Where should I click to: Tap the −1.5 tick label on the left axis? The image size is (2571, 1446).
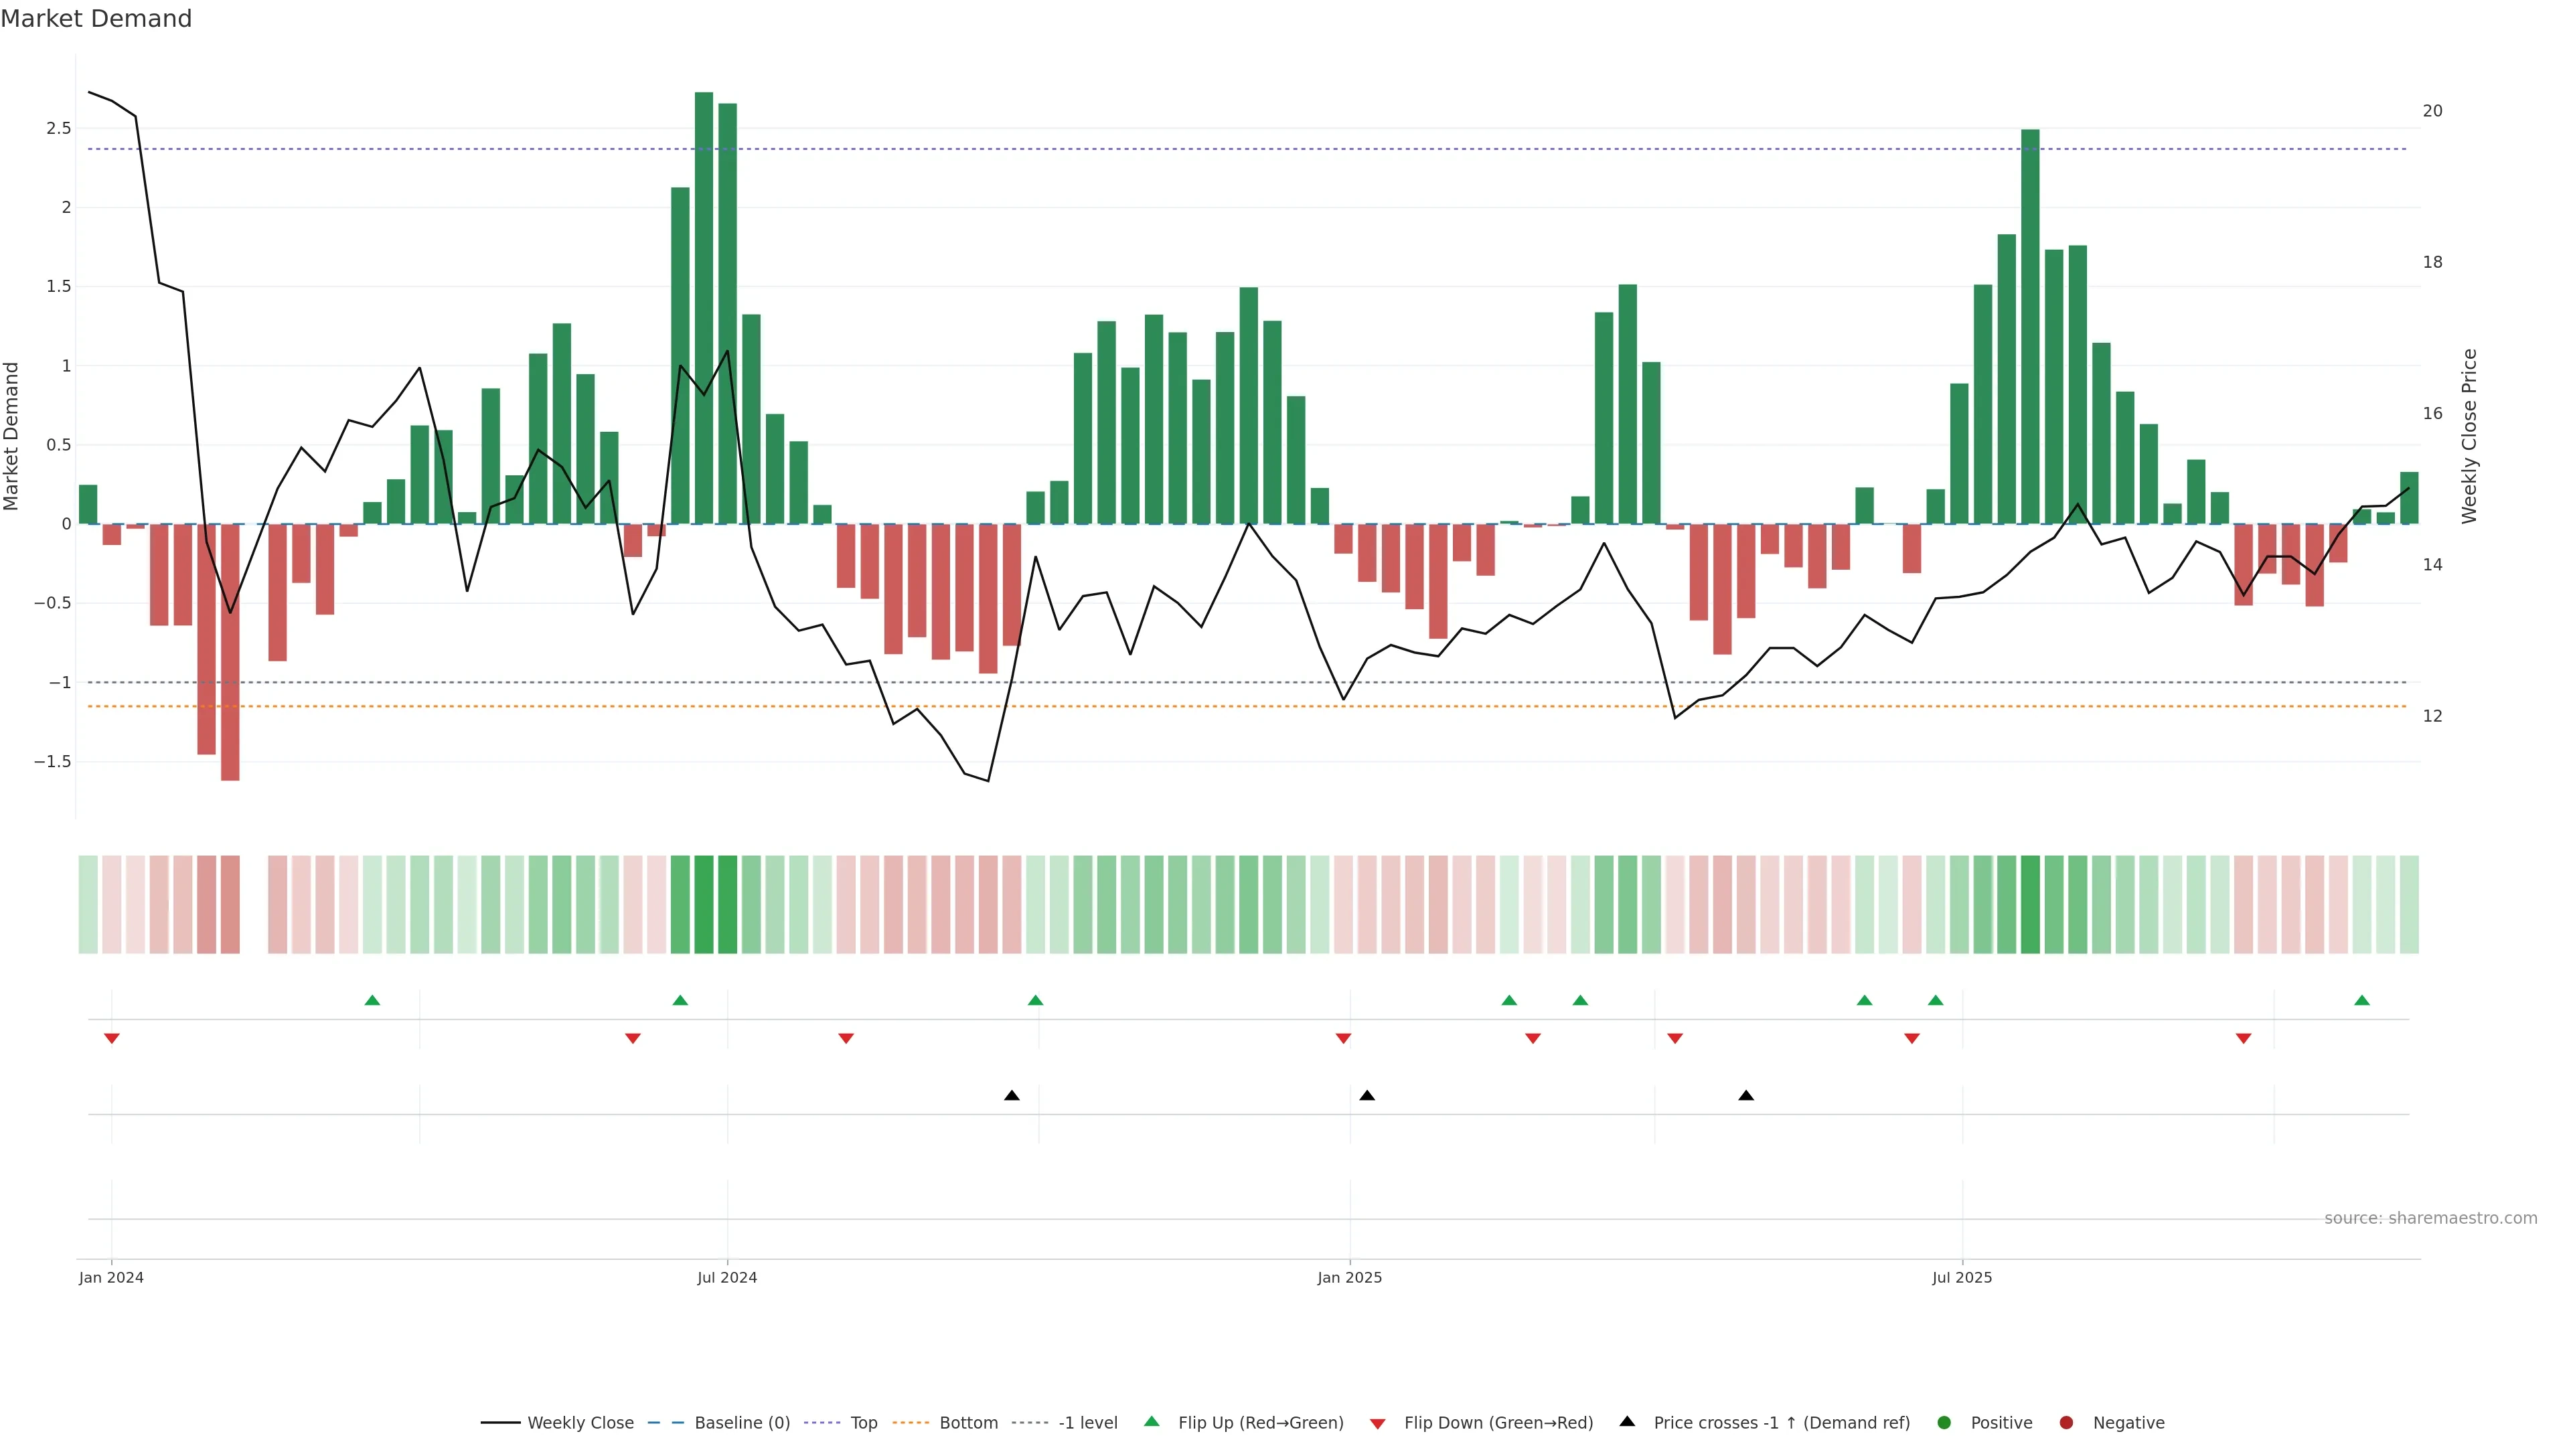(53, 761)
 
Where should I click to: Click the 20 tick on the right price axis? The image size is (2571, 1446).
(2432, 110)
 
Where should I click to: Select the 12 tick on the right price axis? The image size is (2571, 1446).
(2432, 716)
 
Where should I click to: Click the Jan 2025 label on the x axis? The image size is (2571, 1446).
(1349, 1277)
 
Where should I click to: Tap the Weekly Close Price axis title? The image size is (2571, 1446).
(2469, 436)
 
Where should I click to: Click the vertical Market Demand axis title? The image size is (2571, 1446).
(12, 436)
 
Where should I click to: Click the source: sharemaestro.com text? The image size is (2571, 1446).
(2430, 1218)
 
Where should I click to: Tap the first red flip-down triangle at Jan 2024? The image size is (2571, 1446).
(112, 1039)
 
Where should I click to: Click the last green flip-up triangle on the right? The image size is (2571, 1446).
(2361, 1000)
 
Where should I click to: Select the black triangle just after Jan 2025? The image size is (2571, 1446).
(1367, 1096)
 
